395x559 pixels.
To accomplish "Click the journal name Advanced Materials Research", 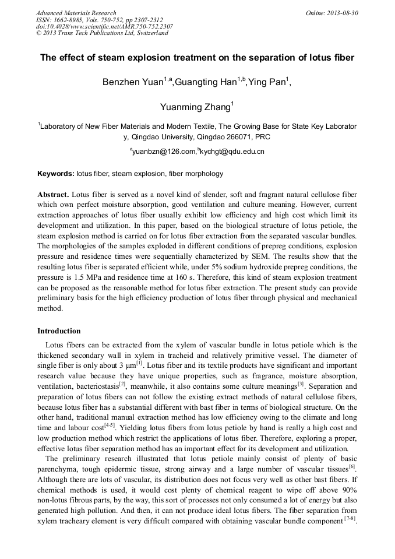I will tap(76, 13).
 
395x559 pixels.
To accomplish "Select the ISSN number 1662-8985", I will tap(75, 20).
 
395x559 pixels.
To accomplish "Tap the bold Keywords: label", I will tap(56, 174).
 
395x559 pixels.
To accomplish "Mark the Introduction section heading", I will tap(59, 331).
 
